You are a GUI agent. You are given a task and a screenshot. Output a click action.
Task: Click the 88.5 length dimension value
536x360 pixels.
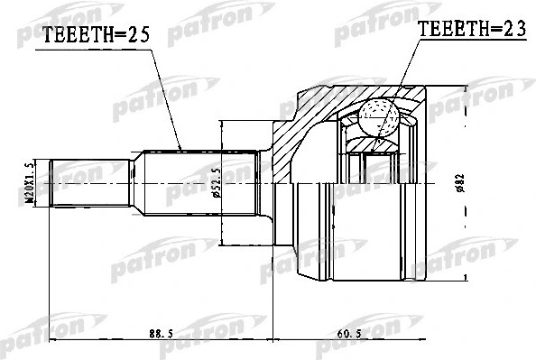[160, 335]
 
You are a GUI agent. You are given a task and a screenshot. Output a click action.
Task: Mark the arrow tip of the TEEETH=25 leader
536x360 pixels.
[182, 149]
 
